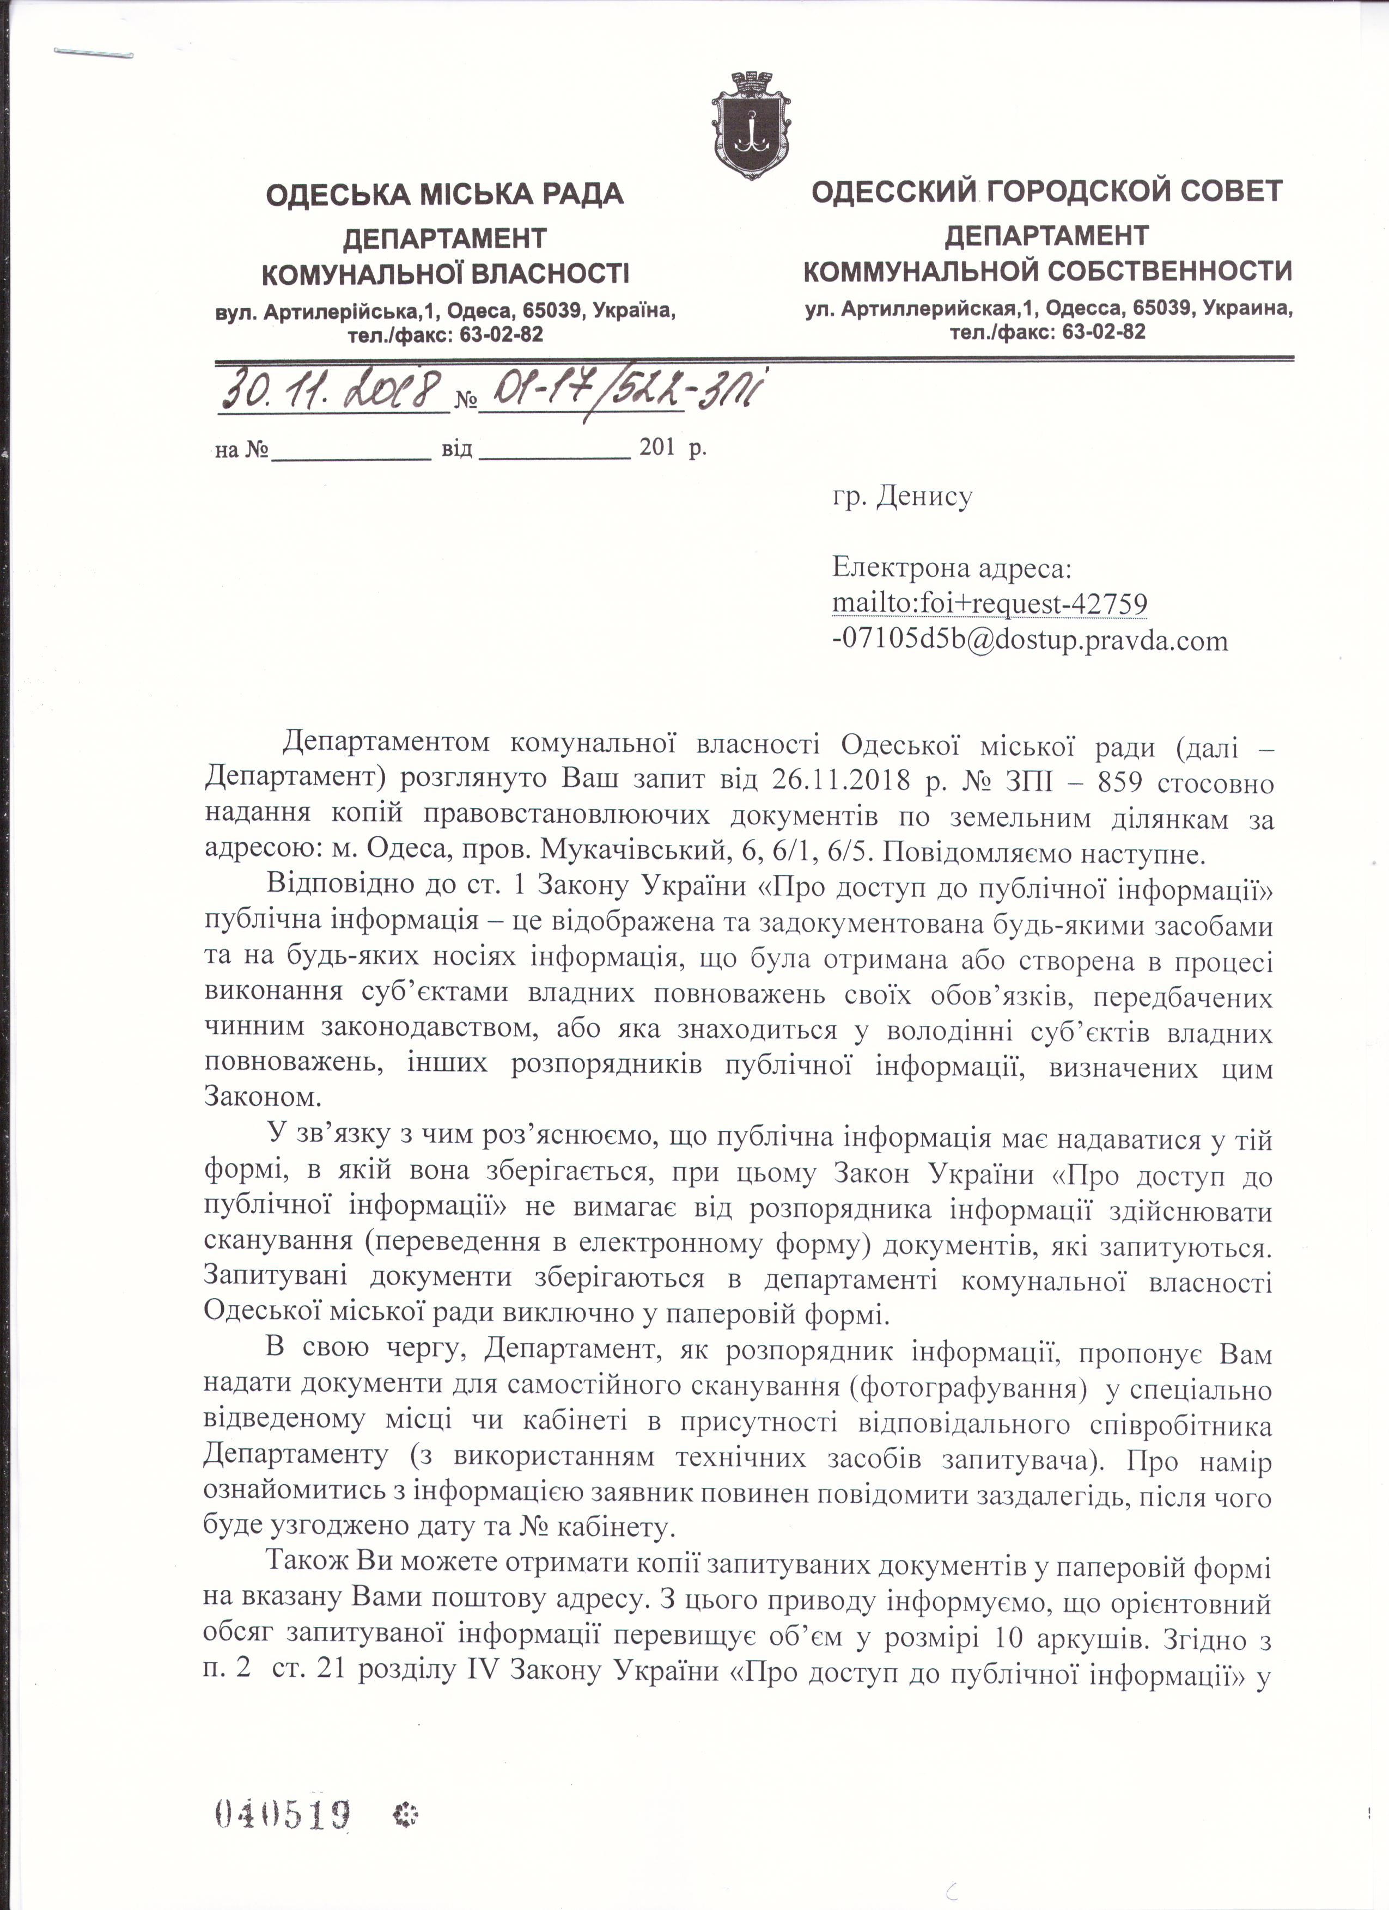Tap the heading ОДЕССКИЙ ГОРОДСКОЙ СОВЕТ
click(x=1046, y=191)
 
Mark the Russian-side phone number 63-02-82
click(x=1104, y=332)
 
